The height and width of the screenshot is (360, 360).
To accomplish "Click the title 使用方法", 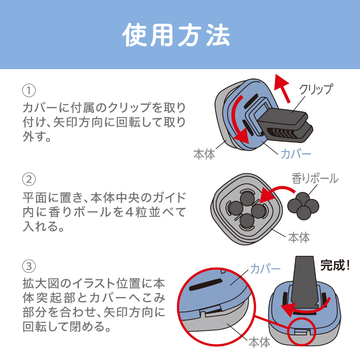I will coord(176,35).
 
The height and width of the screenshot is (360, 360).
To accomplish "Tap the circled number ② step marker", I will coord(28,179).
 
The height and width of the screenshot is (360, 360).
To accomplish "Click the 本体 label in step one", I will coord(204,154).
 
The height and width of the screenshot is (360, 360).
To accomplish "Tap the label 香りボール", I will coord(315,178).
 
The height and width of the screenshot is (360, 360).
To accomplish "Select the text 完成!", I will coord(335,266).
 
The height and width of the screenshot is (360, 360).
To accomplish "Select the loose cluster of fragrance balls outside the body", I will coord(303,206).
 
